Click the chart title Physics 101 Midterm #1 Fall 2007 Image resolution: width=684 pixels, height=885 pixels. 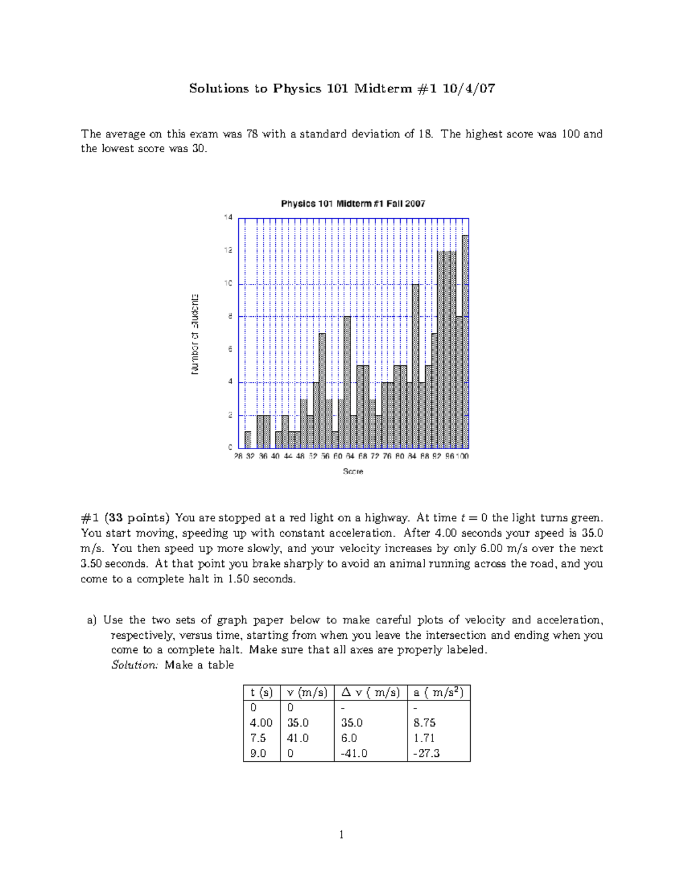click(353, 203)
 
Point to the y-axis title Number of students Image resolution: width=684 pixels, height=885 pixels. click(195, 334)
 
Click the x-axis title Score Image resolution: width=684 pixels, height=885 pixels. click(353, 471)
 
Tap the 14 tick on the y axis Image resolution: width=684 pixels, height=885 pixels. click(228, 217)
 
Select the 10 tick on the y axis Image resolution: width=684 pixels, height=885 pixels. click(228, 283)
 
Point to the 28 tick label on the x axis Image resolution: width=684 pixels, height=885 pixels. click(238, 456)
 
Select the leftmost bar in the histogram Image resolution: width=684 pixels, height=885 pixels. click(248, 440)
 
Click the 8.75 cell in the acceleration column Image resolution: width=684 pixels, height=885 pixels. click(425, 723)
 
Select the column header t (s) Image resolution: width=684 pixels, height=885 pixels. click(262, 692)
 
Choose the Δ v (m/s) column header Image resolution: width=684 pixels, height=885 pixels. click(370, 692)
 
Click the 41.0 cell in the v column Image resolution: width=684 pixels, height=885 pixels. click(298, 738)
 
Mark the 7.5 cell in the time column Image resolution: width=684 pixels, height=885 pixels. click(258, 738)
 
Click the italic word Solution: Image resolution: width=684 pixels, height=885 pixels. click(134, 665)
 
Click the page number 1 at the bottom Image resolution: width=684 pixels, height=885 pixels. click(341, 835)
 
